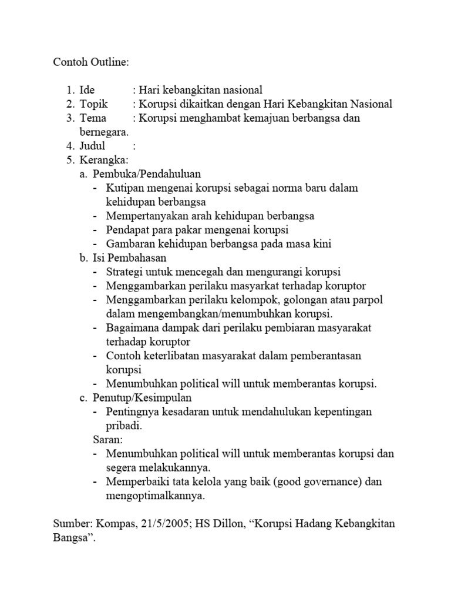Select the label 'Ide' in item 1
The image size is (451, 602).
(87, 90)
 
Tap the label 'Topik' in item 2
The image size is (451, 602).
(93, 104)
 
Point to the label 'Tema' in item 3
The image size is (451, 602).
(93, 118)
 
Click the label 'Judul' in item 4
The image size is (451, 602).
(93, 146)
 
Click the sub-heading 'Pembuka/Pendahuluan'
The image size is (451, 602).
(147, 174)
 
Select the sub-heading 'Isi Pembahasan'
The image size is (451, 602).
(130, 257)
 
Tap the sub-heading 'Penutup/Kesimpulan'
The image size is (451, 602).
(143, 398)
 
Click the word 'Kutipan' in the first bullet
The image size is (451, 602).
(124, 188)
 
